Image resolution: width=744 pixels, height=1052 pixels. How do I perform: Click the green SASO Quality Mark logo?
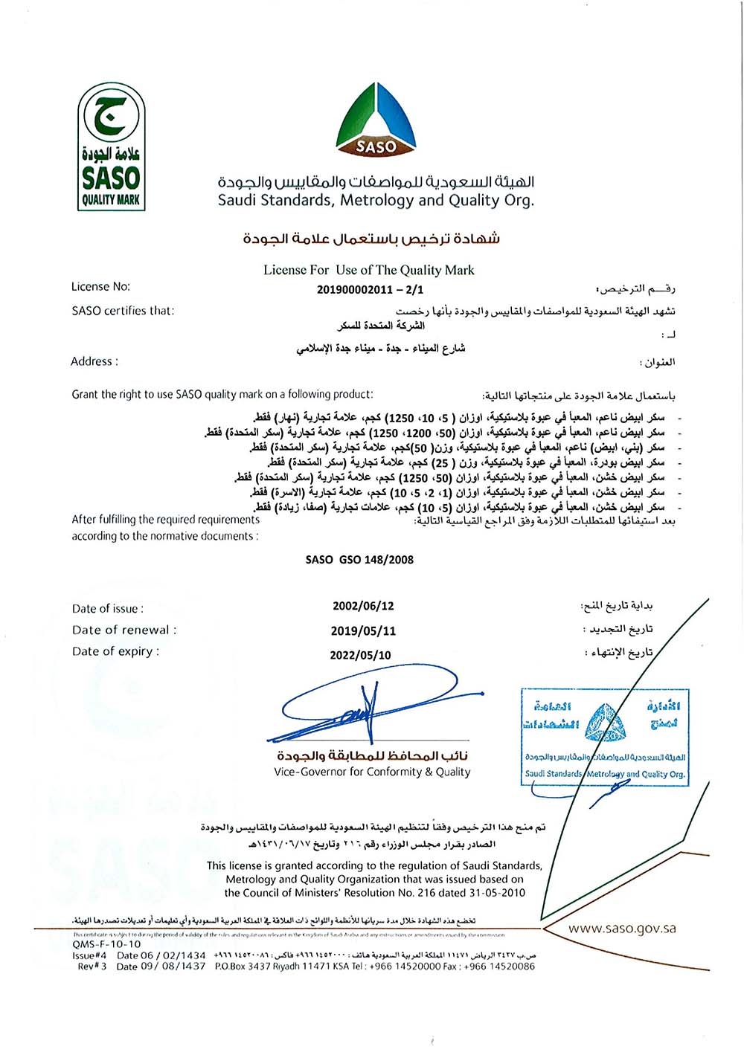click(x=112, y=147)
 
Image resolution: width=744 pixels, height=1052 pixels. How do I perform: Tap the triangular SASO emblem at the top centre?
click(x=376, y=119)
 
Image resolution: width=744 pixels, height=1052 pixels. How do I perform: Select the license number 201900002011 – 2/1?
click(x=370, y=289)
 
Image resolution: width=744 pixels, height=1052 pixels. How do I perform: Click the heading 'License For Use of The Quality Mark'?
click(x=368, y=270)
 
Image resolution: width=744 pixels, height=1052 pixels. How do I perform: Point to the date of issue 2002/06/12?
click(x=363, y=606)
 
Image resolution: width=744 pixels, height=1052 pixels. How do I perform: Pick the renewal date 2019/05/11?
click(x=363, y=631)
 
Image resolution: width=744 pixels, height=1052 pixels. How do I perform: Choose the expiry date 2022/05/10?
click(x=360, y=655)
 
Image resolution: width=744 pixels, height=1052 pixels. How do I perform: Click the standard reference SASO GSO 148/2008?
click(x=359, y=560)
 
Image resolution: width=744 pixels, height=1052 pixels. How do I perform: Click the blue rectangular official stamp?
click(x=604, y=737)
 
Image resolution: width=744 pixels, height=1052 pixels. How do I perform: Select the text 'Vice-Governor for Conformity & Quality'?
click(x=372, y=772)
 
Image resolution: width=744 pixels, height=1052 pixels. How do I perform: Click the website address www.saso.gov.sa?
click(x=622, y=928)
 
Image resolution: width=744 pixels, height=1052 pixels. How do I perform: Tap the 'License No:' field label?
click(x=100, y=287)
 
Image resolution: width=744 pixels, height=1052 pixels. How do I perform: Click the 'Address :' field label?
click(x=94, y=362)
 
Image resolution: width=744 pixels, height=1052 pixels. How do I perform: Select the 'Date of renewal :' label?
click(x=124, y=630)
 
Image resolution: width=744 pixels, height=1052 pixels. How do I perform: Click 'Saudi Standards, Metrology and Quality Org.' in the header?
click(x=376, y=200)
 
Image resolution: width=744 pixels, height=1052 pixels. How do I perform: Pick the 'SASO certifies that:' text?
click(x=123, y=311)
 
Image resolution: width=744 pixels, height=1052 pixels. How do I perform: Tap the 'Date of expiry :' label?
click(x=115, y=652)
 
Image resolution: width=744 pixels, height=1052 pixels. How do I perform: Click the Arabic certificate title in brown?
click(x=371, y=239)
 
